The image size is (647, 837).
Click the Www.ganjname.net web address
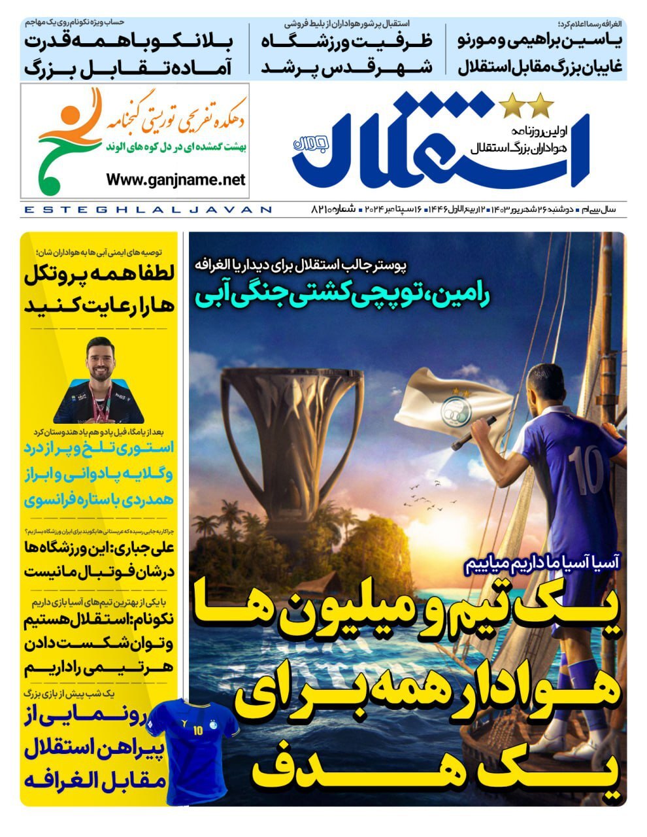[x=175, y=179]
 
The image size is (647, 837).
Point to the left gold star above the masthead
[x=510, y=105]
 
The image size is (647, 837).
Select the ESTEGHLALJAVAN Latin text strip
[x=147, y=210]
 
